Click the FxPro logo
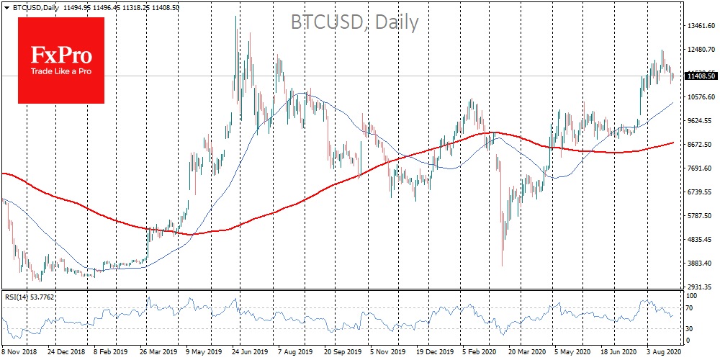tap(60, 60)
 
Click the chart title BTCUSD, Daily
tap(354, 22)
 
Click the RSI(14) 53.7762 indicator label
tap(30, 297)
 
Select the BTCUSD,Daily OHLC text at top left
tap(91, 6)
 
